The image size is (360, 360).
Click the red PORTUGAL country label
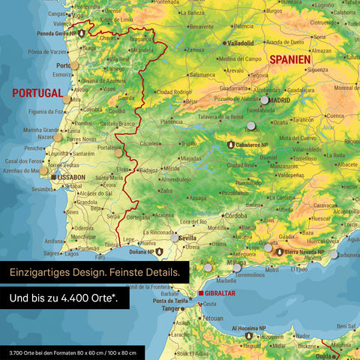(37, 93)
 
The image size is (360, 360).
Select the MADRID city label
(279, 100)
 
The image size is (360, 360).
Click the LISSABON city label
(71, 177)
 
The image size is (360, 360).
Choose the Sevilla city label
(187, 238)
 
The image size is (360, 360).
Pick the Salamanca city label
(202, 75)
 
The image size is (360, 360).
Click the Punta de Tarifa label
(170, 301)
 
